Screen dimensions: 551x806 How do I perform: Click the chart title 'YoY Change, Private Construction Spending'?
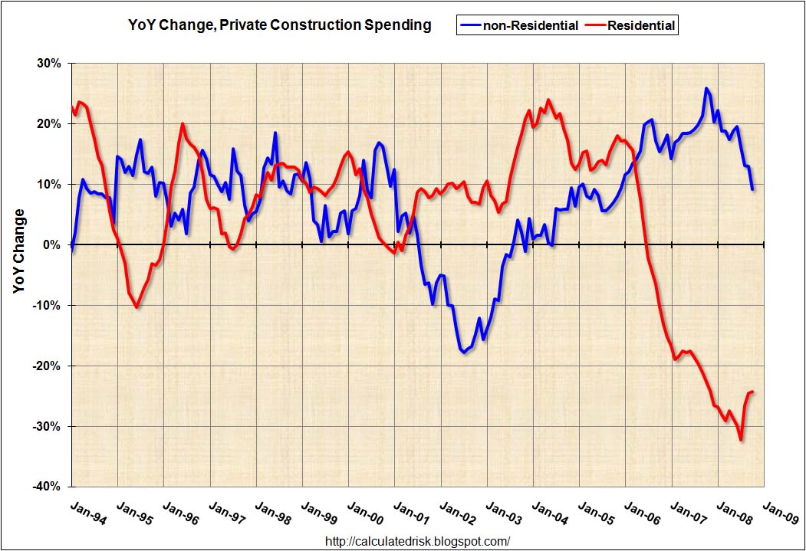pos(280,25)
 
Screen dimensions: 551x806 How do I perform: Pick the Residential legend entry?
pos(632,26)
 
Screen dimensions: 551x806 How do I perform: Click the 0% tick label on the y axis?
pos(51,244)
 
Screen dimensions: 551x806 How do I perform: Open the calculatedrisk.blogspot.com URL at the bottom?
pos(418,541)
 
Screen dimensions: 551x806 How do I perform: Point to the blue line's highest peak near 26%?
pos(706,88)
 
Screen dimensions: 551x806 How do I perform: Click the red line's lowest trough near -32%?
pos(741,439)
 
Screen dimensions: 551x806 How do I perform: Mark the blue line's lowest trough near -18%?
pos(464,353)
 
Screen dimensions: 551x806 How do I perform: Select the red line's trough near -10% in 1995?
pos(137,307)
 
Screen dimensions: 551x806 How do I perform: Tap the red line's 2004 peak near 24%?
pos(548,100)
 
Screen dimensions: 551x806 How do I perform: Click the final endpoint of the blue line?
pos(753,189)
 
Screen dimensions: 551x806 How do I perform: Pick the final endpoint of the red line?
pos(752,392)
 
